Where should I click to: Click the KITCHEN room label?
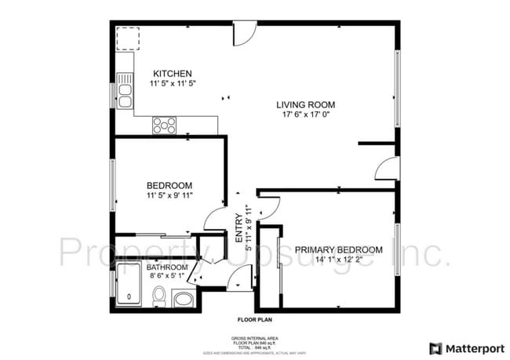coord(171,74)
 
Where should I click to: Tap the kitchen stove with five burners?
coord(164,124)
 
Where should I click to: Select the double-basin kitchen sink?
coord(125,90)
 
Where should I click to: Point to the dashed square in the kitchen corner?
coord(127,38)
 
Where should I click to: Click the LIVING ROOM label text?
coord(305,104)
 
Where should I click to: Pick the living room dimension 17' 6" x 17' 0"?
coord(305,115)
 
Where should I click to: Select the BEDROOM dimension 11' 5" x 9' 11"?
coord(169,195)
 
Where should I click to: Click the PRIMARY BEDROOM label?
coord(339,250)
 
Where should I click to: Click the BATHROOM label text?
coord(167,267)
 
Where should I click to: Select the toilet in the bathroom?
coord(159,296)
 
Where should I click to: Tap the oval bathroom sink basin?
coord(183,299)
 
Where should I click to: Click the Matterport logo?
coord(464,347)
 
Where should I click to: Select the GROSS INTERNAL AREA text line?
coord(254,338)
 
